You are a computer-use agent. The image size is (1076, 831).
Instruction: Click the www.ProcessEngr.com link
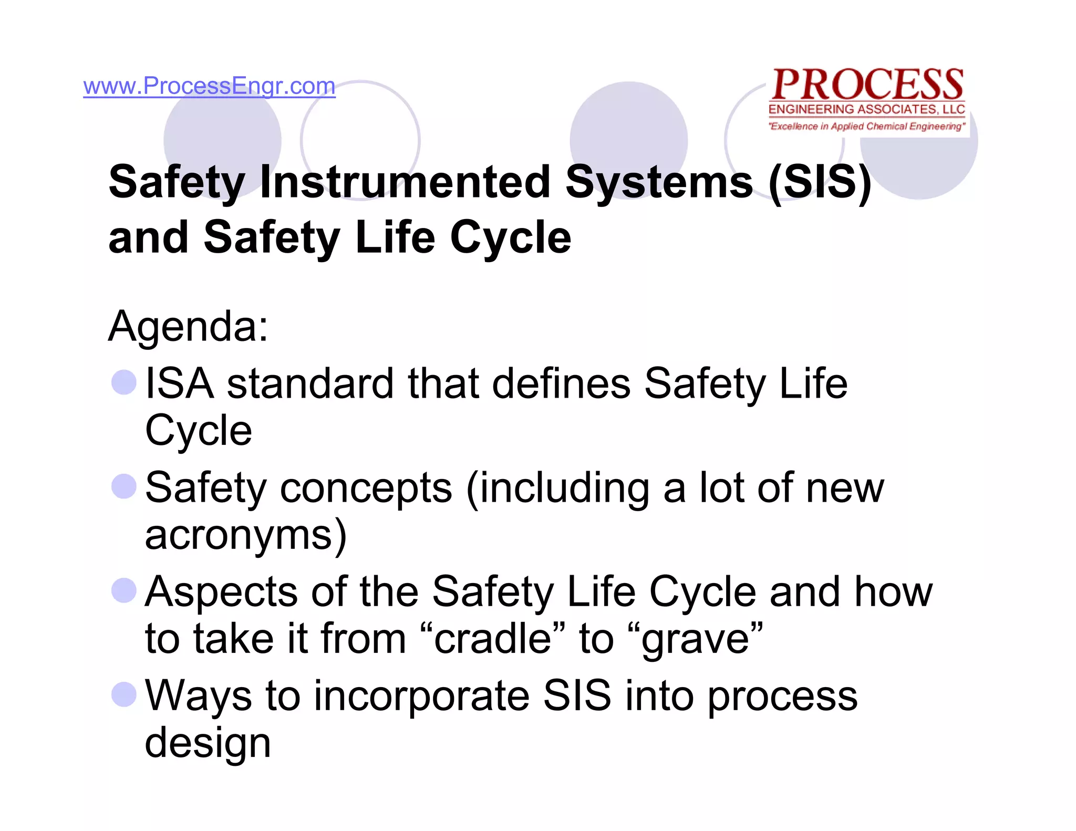click(x=209, y=86)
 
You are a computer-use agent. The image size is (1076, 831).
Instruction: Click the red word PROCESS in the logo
click(x=867, y=85)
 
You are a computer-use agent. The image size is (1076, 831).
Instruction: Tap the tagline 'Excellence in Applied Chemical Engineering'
click(x=867, y=126)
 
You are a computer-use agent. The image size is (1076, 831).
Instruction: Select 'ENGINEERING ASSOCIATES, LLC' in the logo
click(x=867, y=109)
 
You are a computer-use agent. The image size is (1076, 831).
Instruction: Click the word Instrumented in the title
click(x=405, y=182)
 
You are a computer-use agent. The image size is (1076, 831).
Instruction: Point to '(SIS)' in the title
click(x=820, y=182)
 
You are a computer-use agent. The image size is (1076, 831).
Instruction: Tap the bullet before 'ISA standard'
click(x=124, y=382)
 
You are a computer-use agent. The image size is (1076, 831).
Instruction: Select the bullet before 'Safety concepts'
click(x=124, y=486)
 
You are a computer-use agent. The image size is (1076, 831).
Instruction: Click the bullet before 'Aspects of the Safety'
click(x=124, y=590)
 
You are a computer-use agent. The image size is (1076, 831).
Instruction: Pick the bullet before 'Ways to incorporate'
click(x=124, y=694)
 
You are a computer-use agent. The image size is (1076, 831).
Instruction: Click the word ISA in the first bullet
click(x=179, y=384)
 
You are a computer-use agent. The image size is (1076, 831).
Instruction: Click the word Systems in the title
click(x=659, y=182)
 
